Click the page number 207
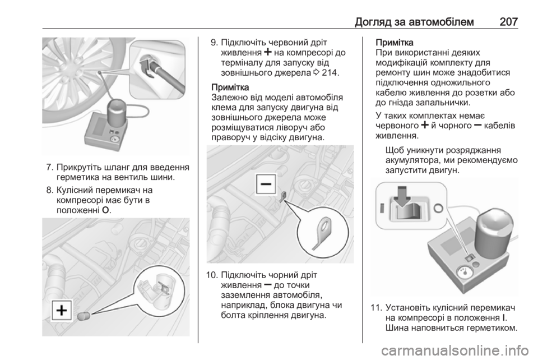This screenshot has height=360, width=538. tap(508, 22)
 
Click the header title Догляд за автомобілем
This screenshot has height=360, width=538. tap(414, 22)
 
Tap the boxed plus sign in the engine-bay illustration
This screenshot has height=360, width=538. tap(62, 310)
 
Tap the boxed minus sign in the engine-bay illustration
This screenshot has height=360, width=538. tap(266, 184)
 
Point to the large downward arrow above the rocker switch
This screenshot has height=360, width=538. tap(401, 197)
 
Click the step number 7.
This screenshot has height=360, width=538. tap(50, 168)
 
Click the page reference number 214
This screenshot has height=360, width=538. tap(331, 73)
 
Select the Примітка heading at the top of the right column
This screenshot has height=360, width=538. tap(395, 43)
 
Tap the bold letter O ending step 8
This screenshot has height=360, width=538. tap(106, 210)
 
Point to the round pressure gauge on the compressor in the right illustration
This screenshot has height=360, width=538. tap(462, 273)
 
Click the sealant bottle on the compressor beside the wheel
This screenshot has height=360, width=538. tap(117, 113)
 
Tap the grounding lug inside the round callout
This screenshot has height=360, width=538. tap(322, 233)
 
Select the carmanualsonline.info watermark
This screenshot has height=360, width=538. tap(456, 350)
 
